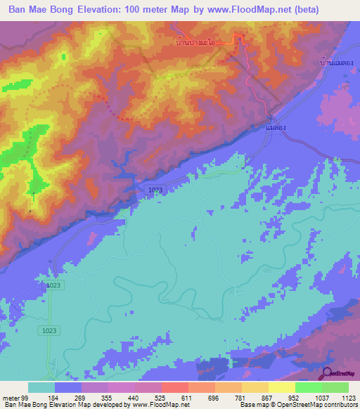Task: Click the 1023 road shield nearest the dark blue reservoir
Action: click(156, 190)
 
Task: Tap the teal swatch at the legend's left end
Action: click(41, 387)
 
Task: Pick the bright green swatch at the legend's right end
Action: click(335, 387)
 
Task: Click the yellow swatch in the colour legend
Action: click(282, 387)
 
